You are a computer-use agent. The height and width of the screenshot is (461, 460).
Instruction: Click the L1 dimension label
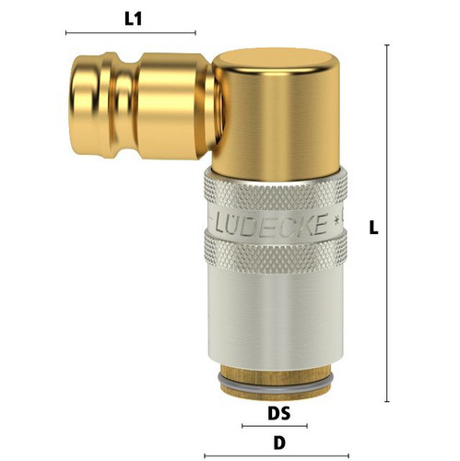[133, 19]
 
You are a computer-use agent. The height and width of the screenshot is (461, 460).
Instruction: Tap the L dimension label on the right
[373, 229]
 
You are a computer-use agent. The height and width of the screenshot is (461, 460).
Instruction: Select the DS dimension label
[278, 413]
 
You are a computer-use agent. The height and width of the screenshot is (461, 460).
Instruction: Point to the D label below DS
[279, 443]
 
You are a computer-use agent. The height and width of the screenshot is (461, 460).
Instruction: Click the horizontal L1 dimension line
[131, 33]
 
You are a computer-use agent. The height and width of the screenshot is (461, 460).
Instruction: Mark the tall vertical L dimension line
[387, 223]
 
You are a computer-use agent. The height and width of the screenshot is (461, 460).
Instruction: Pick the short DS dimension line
[275, 426]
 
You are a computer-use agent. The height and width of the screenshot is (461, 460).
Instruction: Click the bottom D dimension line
[277, 455]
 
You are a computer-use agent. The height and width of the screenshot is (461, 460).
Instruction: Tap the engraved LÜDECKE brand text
[271, 224]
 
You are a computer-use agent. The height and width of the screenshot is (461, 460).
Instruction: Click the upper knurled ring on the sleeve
[276, 191]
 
